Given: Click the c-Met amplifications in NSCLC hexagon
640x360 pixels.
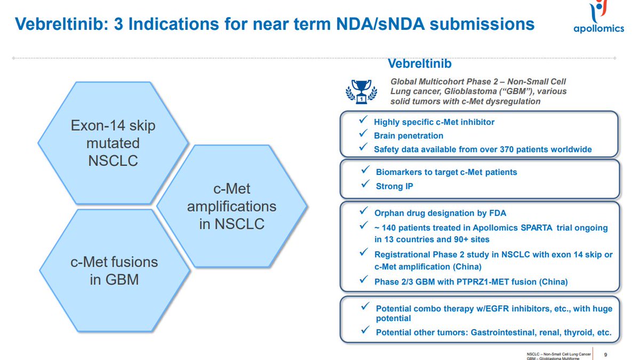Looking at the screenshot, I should pos(231,206).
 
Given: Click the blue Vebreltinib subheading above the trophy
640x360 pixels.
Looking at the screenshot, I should pos(420,64).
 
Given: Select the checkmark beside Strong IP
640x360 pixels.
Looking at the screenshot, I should pos(365,184).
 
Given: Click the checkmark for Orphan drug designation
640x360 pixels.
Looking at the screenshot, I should pos(363,212).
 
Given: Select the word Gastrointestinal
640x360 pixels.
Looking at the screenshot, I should pos(505,332).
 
